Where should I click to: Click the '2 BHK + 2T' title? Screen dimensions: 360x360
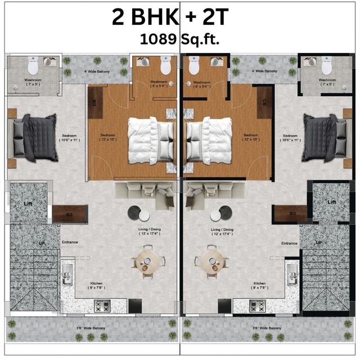170,17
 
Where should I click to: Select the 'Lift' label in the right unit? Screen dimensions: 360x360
332,202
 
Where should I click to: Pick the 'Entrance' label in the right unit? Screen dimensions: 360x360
289,243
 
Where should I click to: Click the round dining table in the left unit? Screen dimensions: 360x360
148,260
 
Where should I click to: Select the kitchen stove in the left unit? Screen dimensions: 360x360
102,307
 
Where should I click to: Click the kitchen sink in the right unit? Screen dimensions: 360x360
292,276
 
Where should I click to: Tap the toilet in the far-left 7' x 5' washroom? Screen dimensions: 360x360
33,67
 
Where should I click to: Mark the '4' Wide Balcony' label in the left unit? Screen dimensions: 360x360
97,72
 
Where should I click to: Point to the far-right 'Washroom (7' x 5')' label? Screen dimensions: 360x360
327,82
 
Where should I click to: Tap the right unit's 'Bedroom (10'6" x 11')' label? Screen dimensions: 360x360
290,138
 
